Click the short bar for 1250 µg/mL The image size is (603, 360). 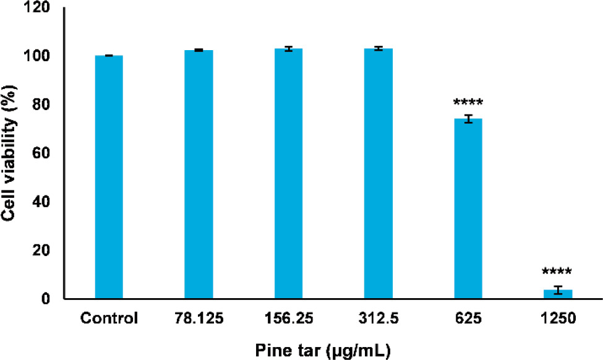coord(558,294)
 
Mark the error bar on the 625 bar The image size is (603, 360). coord(468,119)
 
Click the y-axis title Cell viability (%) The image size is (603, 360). coord(10,153)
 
